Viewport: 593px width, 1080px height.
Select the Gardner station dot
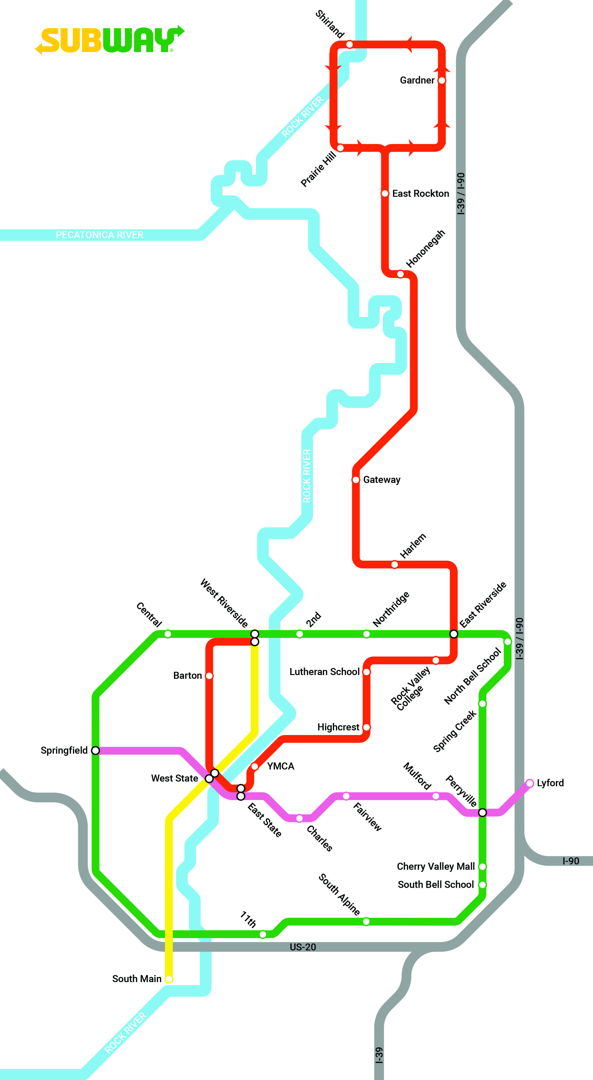[441, 80]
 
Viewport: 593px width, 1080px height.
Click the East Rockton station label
[420, 193]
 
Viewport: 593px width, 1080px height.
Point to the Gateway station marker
[356, 480]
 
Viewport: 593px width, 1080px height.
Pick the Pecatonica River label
[100, 235]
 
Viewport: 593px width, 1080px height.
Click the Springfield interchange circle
[96, 750]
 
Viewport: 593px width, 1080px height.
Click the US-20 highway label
[303, 947]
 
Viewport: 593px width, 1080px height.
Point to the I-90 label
[570, 861]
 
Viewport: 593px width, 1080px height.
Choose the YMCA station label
[280, 766]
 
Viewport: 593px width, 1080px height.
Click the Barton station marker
[209, 675]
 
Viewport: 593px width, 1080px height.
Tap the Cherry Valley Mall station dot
[482, 866]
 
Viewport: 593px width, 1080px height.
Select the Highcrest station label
[338, 727]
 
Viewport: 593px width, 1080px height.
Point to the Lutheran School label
[324, 672]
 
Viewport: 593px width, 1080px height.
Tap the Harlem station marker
[394, 564]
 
